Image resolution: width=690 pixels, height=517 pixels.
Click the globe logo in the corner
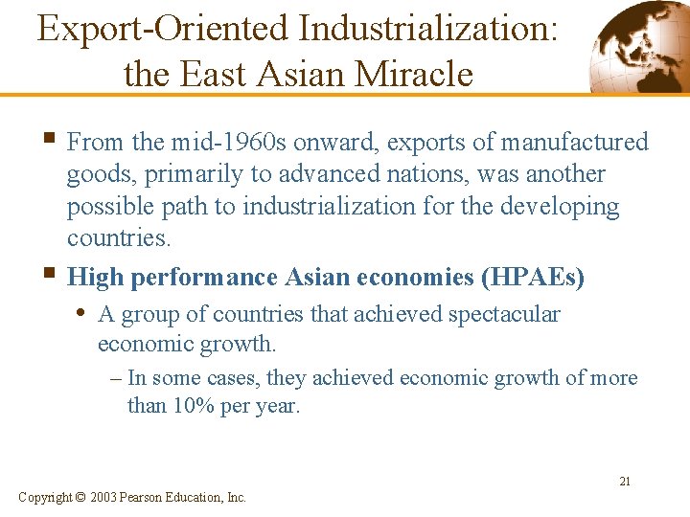click(x=636, y=46)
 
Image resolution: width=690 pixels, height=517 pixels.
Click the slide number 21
click(x=625, y=482)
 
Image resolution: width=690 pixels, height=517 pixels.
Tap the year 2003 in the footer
click(x=104, y=497)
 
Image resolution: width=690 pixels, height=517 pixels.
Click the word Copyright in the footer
click(x=44, y=497)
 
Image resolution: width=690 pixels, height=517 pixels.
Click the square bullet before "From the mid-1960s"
click(x=51, y=142)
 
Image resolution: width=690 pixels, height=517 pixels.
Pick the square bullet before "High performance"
click(x=51, y=277)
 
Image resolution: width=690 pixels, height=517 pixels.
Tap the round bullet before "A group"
click(x=85, y=314)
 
